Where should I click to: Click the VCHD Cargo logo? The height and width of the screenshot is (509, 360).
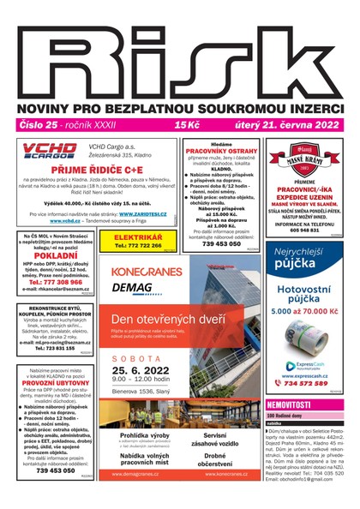coord(49,153)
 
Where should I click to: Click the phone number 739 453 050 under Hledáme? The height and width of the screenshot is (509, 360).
coord(220,243)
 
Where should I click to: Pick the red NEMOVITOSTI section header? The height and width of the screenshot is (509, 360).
coord(289,404)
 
